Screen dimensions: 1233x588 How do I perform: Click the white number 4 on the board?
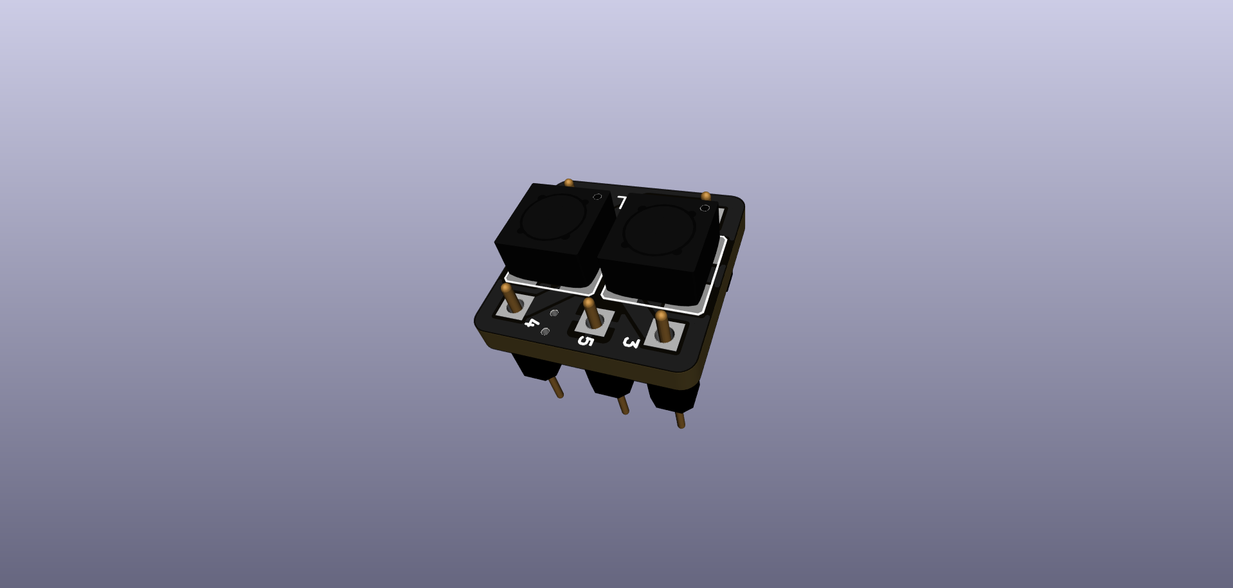pyautogui.click(x=532, y=323)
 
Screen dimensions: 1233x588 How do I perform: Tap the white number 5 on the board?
pyautogui.click(x=585, y=340)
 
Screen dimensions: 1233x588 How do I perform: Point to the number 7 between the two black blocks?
pyautogui.click(x=622, y=202)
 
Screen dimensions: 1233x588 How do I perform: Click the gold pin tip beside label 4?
pyautogui.click(x=507, y=289)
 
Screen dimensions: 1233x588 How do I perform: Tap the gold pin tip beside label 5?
pyautogui.click(x=589, y=303)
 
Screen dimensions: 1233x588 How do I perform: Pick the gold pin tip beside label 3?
pyautogui.click(x=661, y=316)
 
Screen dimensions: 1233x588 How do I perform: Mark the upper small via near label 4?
pyautogui.click(x=554, y=313)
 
